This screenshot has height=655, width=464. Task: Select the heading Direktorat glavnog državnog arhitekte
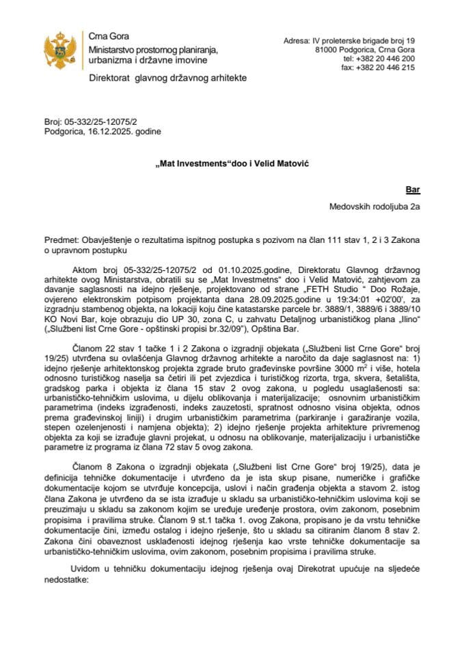(x=167, y=79)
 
